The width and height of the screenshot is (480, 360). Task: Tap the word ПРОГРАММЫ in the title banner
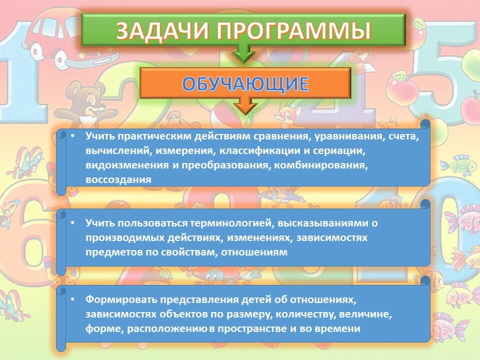point(294,30)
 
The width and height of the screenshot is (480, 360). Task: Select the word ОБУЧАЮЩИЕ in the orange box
point(245,83)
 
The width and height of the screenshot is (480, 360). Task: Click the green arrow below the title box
point(243,54)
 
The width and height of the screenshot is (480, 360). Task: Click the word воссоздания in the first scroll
point(118,179)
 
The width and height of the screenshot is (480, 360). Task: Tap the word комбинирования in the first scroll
point(320,165)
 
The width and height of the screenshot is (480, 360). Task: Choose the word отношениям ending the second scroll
point(254,252)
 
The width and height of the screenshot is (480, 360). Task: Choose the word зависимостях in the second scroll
point(332,238)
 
